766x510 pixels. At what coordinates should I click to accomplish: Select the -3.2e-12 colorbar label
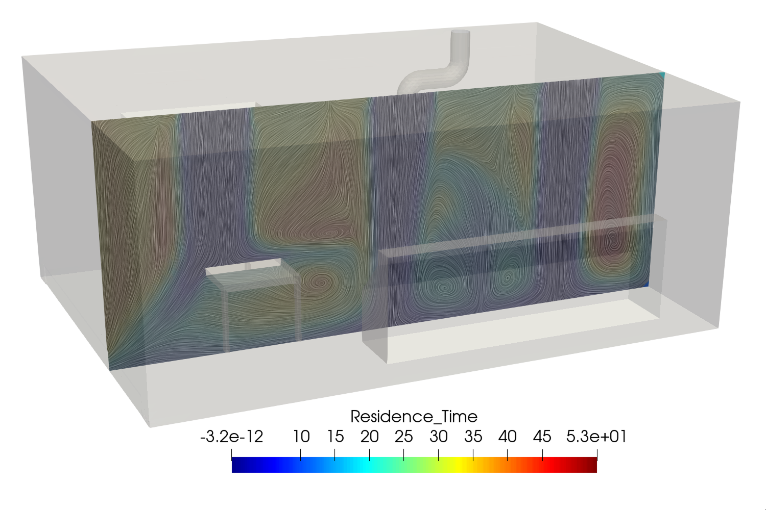tap(231, 437)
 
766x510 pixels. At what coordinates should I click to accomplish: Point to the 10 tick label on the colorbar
tap(301, 437)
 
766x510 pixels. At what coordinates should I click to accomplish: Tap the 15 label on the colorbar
tap(335, 437)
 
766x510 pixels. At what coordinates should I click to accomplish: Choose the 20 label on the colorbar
tap(370, 437)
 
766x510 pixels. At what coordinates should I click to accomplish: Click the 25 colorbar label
tap(404, 437)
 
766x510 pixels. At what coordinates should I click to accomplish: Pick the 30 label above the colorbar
tap(438, 437)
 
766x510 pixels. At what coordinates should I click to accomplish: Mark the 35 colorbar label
tap(473, 437)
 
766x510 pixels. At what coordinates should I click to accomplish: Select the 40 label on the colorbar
tap(507, 437)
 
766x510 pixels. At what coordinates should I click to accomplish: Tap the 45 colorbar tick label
tap(542, 437)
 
